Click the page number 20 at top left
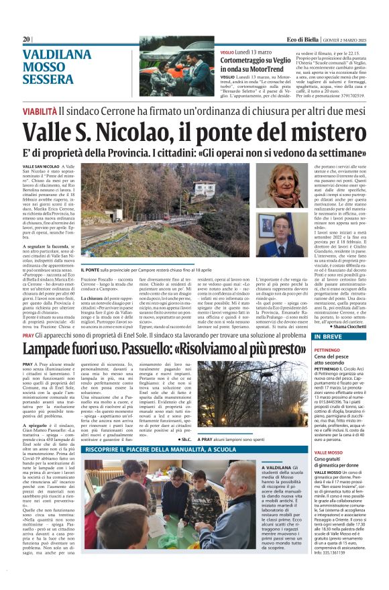click(x=26, y=40)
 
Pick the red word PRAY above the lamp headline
click(x=30, y=334)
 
